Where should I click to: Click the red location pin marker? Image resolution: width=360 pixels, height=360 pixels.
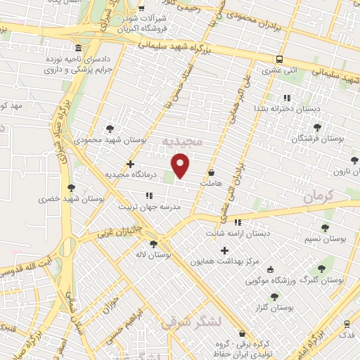(181, 165)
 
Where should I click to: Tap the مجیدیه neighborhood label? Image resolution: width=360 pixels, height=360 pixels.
(182, 142)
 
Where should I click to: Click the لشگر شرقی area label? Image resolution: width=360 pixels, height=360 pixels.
(190, 323)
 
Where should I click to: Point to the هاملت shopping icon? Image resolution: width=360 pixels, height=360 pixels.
(211, 172)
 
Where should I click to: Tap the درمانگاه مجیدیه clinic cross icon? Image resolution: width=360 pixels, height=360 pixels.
(130, 163)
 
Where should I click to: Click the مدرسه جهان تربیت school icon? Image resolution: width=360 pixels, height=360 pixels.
(149, 196)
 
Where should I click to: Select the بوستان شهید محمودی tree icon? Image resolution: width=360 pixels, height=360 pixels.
(110, 129)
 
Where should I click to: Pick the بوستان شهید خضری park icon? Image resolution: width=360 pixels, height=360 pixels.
(71, 188)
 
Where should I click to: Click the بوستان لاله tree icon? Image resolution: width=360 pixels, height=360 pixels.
(153, 244)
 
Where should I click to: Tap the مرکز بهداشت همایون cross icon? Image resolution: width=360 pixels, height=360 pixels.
(225, 250)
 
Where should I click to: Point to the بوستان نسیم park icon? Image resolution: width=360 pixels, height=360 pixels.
(324, 228)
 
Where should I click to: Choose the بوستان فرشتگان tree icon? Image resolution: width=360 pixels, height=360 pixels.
(318, 127)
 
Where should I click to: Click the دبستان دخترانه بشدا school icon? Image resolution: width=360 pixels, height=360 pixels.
(286, 98)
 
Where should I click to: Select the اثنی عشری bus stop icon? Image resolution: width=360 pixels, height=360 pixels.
(280, 60)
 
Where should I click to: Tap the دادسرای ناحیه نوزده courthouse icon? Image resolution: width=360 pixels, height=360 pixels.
(77, 49)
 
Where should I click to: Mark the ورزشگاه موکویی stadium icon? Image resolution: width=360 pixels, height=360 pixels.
(321, 268)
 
